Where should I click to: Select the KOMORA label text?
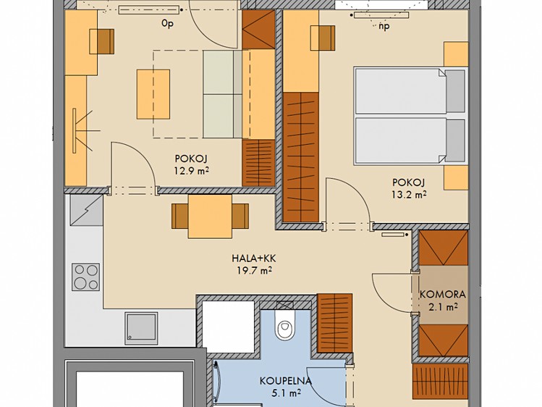point(443,295)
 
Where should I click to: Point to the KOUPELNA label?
point(286,381)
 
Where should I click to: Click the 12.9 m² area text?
point(192,170)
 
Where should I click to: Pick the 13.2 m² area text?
point(409,194)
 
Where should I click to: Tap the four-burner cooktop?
point(86,277)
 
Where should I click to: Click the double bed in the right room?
point(410,115)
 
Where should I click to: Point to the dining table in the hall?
point(210,217)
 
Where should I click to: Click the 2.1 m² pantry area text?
point(444,307)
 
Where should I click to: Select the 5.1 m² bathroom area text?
point(286,393)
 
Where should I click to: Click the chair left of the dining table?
point(179,216)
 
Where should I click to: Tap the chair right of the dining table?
point(240,216)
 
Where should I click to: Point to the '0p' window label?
point(167,23)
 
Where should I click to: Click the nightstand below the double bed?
point(456,177)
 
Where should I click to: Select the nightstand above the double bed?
point(456,54)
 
